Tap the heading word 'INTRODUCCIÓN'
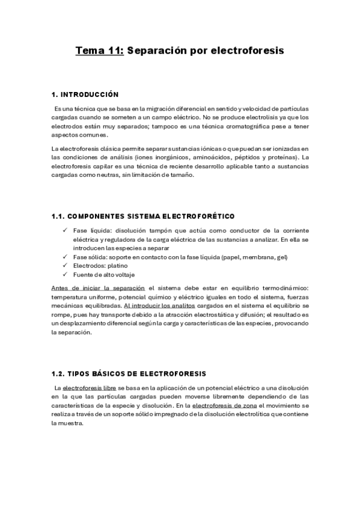click(93, 94)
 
